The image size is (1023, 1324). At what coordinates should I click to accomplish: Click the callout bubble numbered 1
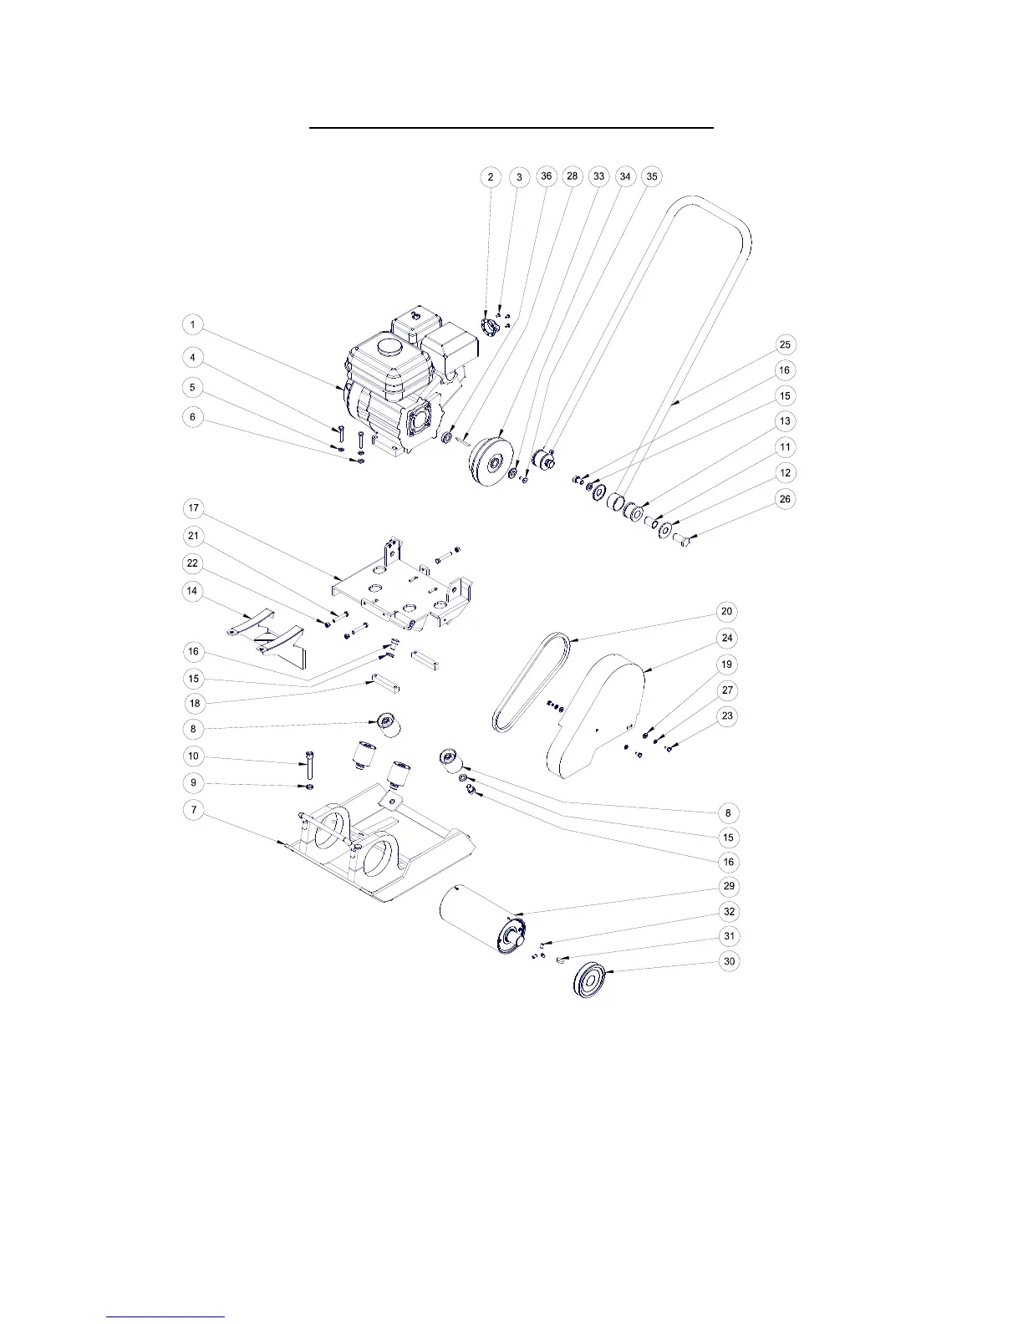pyautogui.click(x=193, y=324)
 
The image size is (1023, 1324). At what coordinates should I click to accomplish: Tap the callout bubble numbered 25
pyautogui.click(x=784, y=344)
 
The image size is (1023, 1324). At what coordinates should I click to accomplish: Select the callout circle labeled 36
pyautogui.click(x=546, y=176)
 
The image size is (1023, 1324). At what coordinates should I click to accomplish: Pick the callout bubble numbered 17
pyautogui.click(x=193, y=508)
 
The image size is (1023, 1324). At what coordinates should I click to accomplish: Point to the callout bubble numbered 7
pyautogui.click(x=193, y=809)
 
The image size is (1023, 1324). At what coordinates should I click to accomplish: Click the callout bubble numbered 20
pyautogui.click(x=726, y=612)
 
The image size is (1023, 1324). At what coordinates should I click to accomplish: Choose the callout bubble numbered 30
pyautogui.click(x=730, y=961)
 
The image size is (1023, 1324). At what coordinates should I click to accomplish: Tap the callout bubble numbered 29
pyautogui.click(x=730, y=886)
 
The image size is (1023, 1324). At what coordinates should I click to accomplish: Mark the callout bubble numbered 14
pyautogui.click(x=193, y=591)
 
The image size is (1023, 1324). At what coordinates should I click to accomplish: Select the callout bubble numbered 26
pyautogui.click(x=784, y=499)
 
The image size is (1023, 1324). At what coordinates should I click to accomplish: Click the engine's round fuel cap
pyautogui.click(x=386, y=345)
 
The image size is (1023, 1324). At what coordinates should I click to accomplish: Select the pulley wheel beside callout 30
pyautogui.click(x=591, y=980)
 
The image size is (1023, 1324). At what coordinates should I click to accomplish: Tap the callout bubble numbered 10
pyautogui.click(x=193, y=756)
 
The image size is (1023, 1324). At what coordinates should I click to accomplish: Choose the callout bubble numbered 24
pyautogui.click(x=726, y=638)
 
